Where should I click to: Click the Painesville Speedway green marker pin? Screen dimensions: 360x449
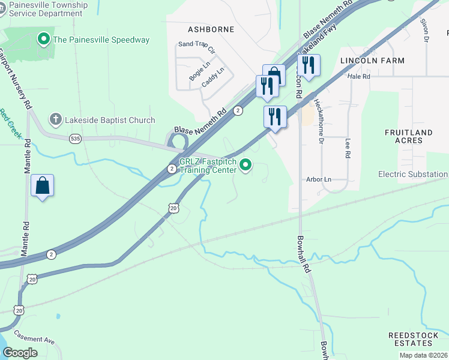[43, 40]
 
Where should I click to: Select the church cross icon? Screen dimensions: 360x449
[55, 119]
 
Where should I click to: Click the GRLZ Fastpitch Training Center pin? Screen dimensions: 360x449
[246, 164]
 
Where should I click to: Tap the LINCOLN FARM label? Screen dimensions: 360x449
[372, 61]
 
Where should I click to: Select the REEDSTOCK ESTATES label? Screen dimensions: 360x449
[411, 339]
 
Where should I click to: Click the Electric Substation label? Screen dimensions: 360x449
[413, 175]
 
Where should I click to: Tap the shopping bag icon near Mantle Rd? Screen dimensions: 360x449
[43, 185]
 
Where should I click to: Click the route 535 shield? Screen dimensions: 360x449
[75, 139]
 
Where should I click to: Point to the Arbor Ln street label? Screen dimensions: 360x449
[319, 179]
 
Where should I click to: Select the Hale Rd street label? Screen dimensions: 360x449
[359, 76]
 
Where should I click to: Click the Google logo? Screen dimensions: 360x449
[20, 352]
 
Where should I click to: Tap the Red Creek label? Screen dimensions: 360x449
[9, 123]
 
